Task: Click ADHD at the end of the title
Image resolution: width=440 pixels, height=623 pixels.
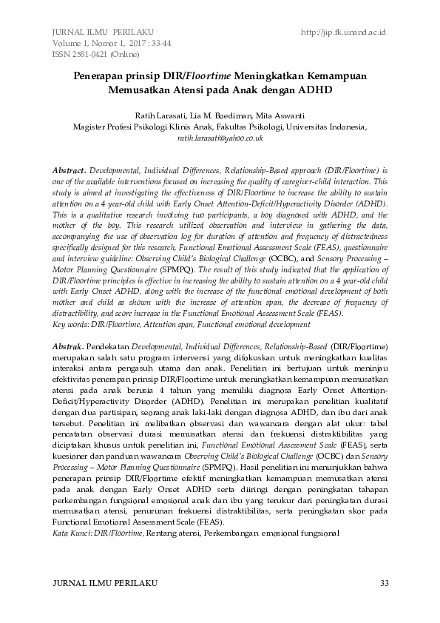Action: coord(316,91)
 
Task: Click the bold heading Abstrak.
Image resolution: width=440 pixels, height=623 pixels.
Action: coord(69,346)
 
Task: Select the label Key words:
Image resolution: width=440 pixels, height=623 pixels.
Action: coord(70,324)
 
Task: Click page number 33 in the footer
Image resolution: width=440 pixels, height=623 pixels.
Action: coord(383,583)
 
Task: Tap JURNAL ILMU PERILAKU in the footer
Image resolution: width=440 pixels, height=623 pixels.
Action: coord(102,583)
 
